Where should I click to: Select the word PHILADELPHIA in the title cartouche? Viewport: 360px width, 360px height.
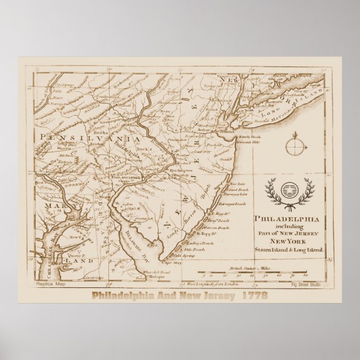tap(290, 219)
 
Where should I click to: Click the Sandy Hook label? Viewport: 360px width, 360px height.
tap(249, 136)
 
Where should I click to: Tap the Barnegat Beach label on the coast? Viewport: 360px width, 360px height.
tap(234, 204)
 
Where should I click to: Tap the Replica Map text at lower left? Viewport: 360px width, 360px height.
tap(50, 284)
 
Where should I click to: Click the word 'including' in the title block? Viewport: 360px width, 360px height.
tap(290, 226)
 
